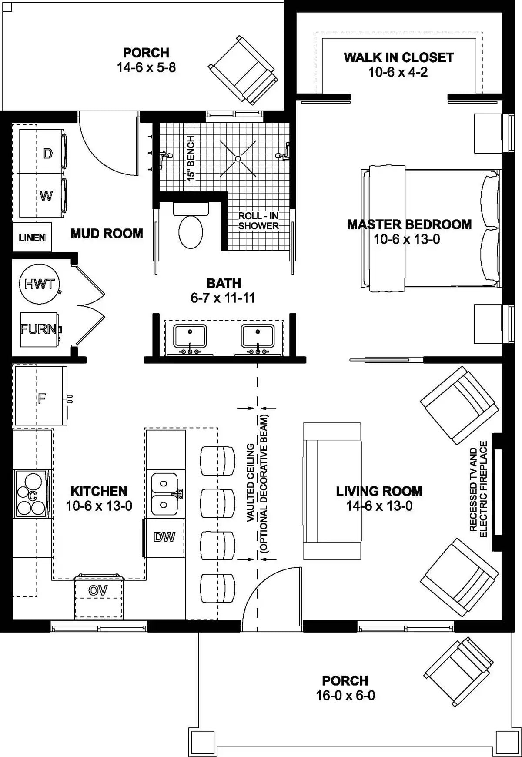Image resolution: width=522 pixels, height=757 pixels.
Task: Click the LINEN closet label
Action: coord(32,238)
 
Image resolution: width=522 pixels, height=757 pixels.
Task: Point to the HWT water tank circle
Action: coord(39,284)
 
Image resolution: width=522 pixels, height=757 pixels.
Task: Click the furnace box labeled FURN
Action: coord(39,329)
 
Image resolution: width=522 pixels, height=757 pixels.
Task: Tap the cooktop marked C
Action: coord(31,494)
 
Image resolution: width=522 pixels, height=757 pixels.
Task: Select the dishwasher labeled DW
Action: coord(164,537)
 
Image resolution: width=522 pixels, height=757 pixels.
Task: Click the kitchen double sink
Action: coord(164,494)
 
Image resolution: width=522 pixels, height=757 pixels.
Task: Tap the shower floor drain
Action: coord(238,158)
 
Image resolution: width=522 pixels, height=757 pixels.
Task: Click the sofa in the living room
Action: coord(332,491)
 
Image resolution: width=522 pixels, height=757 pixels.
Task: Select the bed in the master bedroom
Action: coord(431,228)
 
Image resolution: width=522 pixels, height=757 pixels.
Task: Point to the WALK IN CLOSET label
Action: coord(398,57)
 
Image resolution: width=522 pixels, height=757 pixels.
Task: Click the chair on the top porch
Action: coord(243,70)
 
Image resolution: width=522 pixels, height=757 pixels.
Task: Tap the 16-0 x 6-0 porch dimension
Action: coord(345,695)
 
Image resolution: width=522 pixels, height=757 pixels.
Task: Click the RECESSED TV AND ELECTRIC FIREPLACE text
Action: coord(478,489)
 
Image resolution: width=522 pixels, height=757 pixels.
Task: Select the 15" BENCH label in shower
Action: coord(191,158)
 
